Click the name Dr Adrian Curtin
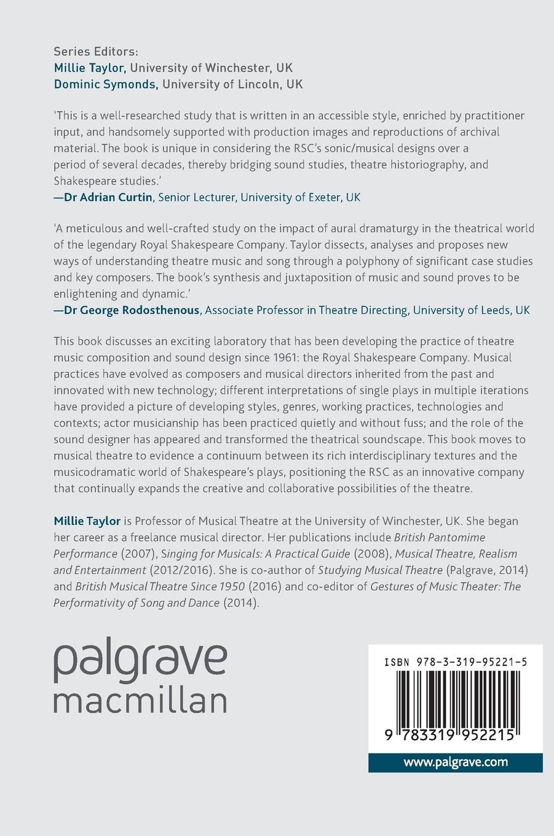click(108, 197)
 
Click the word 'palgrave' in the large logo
click(140, 660)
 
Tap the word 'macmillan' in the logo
click(140, 700)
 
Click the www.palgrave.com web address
click(456, 762)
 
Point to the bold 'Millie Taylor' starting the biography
click(87, 521)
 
